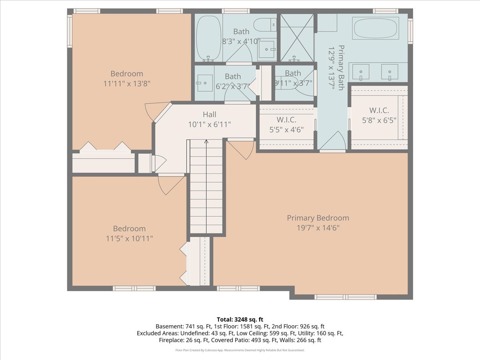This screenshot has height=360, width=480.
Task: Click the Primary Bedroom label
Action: click(x=318, y=218)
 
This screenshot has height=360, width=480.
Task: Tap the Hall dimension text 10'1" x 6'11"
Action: click(x=210, y=124)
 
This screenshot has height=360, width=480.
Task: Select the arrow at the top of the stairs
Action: click(x=206, y=142)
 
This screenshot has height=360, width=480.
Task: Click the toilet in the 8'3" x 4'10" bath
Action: click(x=265, y=25)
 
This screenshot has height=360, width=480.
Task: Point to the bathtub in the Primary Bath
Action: click(x=375, y=28)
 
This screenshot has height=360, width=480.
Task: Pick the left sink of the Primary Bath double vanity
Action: click(x=361, y=72)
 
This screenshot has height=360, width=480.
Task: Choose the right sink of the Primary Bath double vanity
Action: click(x=389, y=72)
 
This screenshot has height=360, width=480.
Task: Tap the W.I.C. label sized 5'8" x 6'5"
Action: click(x=378, y=110)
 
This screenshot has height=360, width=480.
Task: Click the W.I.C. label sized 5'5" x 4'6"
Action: click(x=286, y=120)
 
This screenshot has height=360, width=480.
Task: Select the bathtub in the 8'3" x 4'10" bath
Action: click(x=208, y=37)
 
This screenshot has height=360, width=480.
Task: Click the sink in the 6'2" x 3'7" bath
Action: click(x=204, y=83)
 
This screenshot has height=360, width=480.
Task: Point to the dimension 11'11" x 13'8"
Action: click(x=127, y=84)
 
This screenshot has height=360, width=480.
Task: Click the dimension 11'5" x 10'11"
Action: click(x=129, y=238)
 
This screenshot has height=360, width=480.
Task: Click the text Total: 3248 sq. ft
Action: click(x=240, y=319)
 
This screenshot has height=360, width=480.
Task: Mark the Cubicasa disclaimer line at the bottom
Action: click(x=240, y=350)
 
